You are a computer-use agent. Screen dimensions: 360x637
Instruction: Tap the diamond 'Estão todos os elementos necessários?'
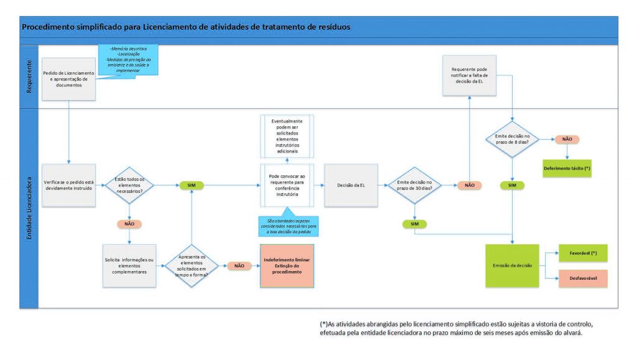pos(129,185)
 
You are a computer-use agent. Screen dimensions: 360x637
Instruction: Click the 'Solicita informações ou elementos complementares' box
pos(129,265)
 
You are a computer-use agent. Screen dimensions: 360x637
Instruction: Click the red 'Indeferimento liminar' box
pos(287,266)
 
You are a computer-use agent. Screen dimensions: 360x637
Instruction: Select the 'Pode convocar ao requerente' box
pos(287,185)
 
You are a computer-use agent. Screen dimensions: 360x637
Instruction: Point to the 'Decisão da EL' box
pos(352,185)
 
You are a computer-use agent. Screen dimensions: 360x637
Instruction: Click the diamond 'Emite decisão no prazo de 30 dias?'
pos(415,185)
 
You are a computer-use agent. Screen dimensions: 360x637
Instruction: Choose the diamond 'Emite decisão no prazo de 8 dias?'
pos(512,139)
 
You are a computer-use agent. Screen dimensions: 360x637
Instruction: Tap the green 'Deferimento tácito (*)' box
pos(567,168)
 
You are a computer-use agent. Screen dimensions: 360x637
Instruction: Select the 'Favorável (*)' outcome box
pos(583,253)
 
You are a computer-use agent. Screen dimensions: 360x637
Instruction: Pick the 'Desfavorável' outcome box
pos(583,278)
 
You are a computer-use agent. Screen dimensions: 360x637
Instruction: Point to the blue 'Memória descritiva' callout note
pos(129,59)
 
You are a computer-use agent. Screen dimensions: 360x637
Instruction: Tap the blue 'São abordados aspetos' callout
pos(288,225)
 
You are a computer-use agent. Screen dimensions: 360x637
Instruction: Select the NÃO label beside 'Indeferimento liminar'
pos(239,265)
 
